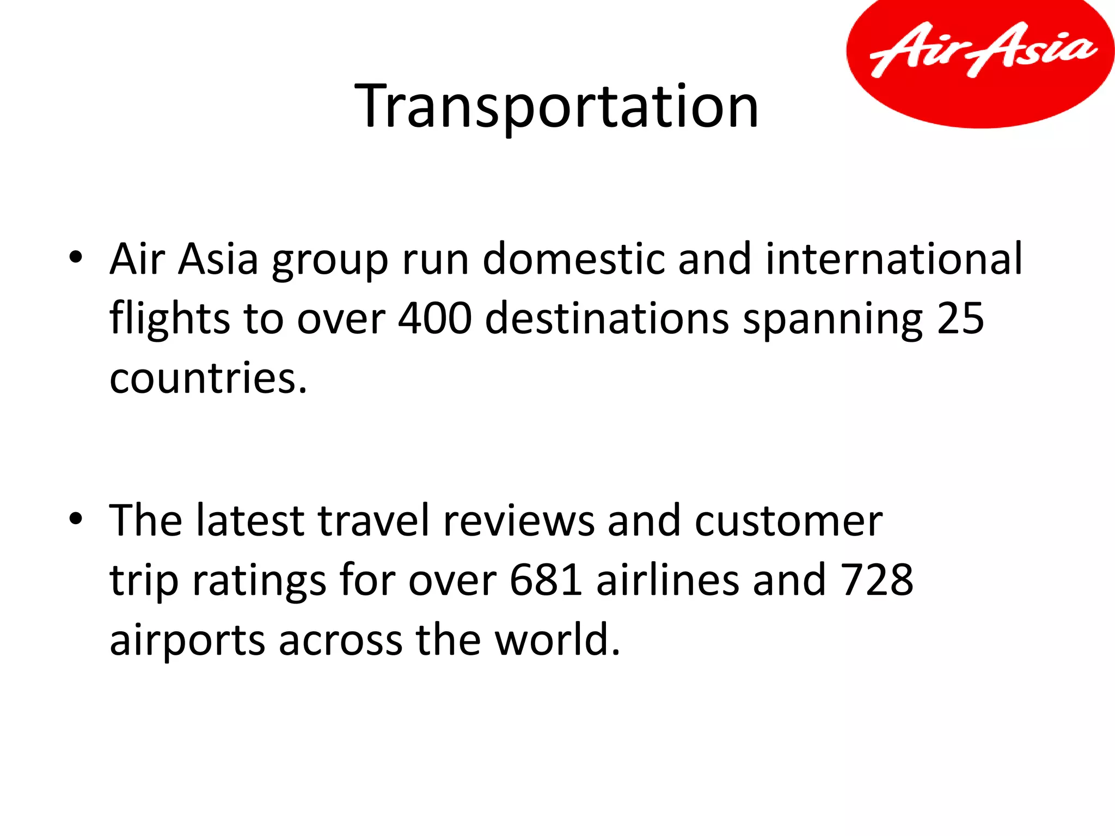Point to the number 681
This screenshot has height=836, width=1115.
pos(546,580)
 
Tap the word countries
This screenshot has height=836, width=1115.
pos(208,378)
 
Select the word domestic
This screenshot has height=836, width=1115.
pos(573,259)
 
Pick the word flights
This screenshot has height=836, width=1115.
pos(169,318)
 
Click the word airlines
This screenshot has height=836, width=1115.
pos(667,580)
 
